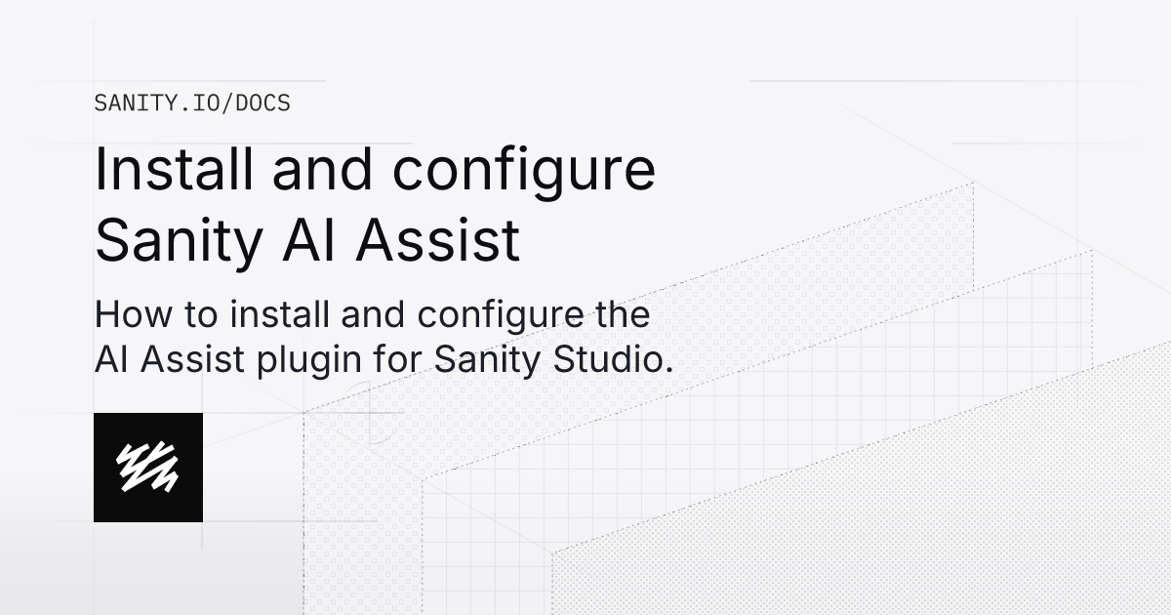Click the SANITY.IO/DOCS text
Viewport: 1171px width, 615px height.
(192, 103)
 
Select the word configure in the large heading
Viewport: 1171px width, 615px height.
(524, 172)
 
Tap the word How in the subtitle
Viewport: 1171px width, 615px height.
(128, 315)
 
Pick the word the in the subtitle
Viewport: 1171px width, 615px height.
(622, 315)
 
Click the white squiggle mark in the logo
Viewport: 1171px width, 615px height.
(147, 467)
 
